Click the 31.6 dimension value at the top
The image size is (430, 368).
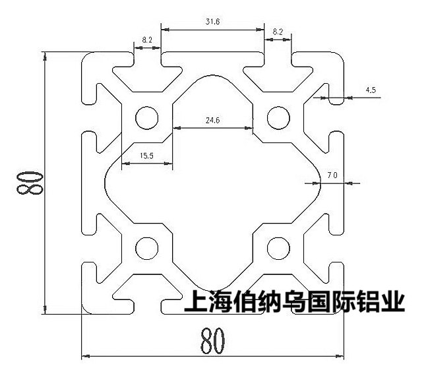coord(212,21)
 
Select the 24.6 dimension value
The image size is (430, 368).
coord(212,120)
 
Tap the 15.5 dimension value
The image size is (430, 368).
coord(146,156)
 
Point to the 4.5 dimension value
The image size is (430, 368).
coord(371,90)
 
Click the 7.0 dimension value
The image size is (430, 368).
coord(332,175)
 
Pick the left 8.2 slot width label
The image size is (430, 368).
coord(147,40)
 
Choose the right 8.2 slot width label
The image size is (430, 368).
coord(278,32)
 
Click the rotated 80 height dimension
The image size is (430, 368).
coord(30,183)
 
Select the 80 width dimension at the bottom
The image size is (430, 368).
coord(212,341)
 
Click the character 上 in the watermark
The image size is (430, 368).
coord(196,301)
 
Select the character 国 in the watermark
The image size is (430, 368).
coord(319,301)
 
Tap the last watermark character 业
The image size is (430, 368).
coord(393,301)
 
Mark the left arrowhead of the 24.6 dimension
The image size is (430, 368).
coord(177,128)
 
